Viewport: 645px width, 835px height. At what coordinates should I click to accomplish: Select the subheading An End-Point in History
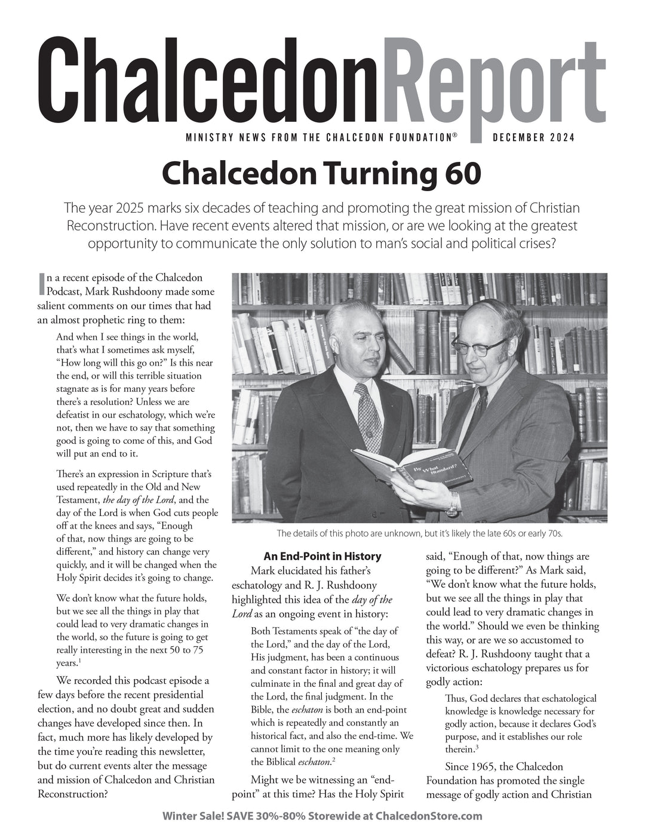coord(322,556)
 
